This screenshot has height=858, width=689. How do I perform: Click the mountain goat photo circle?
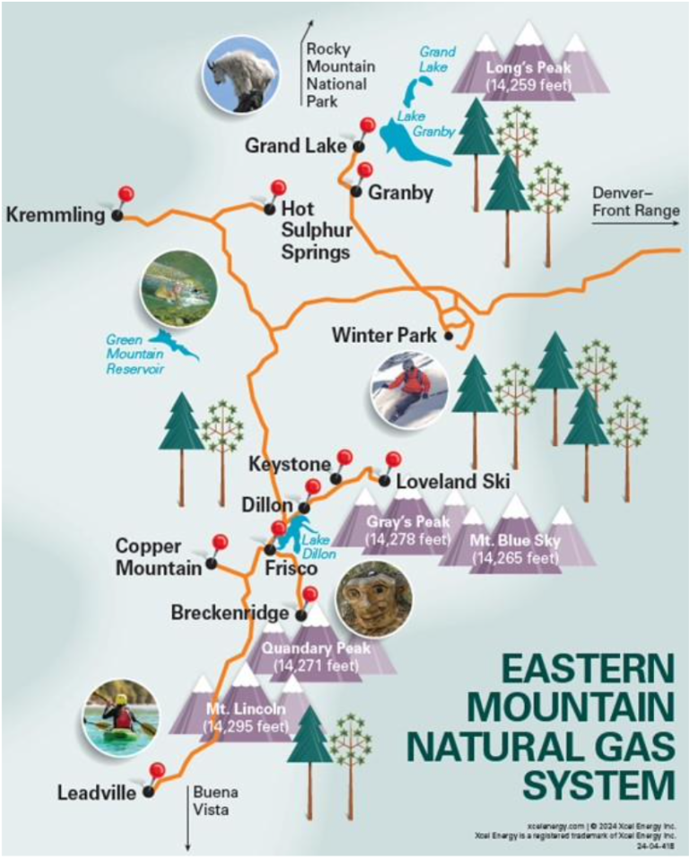[x=238, y=75]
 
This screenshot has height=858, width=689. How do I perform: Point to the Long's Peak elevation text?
[x=528, y=85]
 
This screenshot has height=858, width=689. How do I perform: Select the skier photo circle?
[x=410, y=386]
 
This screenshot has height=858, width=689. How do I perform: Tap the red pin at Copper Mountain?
[x=219, y=543]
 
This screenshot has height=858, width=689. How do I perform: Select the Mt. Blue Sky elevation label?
[x=516, y=557]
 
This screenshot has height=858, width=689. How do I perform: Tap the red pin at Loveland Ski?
[x=392, y=460]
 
